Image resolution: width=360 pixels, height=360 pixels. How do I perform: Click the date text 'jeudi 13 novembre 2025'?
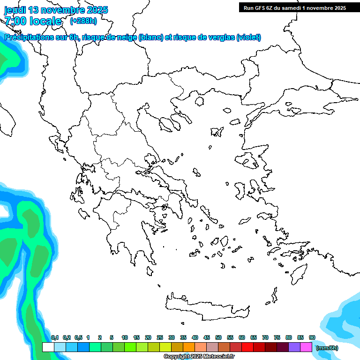[x=56, y=10]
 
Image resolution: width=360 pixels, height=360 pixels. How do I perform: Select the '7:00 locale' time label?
[x=33, y=21]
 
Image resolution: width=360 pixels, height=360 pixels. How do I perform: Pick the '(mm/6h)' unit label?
[x=327, y=348]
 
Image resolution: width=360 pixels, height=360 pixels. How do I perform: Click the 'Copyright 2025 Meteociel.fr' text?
[x=199, y=356]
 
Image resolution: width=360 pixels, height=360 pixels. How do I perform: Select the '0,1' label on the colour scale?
[x=54, y=337]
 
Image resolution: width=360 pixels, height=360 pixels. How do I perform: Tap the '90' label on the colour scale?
[x=312, y=337]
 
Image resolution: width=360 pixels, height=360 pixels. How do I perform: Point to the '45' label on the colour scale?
[x=207, y=337]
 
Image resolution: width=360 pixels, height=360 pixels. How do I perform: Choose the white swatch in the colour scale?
[x=48, y=347]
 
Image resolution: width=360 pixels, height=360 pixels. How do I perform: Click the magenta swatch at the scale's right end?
[x=306, y=347]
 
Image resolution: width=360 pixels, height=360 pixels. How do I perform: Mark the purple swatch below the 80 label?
[x=294, y=347]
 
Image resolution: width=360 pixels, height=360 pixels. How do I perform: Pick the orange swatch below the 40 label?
[x=189, y=347]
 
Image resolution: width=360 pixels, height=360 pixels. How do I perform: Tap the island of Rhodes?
[x=298, y=273]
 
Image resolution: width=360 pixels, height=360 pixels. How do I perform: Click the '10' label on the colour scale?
[x=125, y=337]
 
